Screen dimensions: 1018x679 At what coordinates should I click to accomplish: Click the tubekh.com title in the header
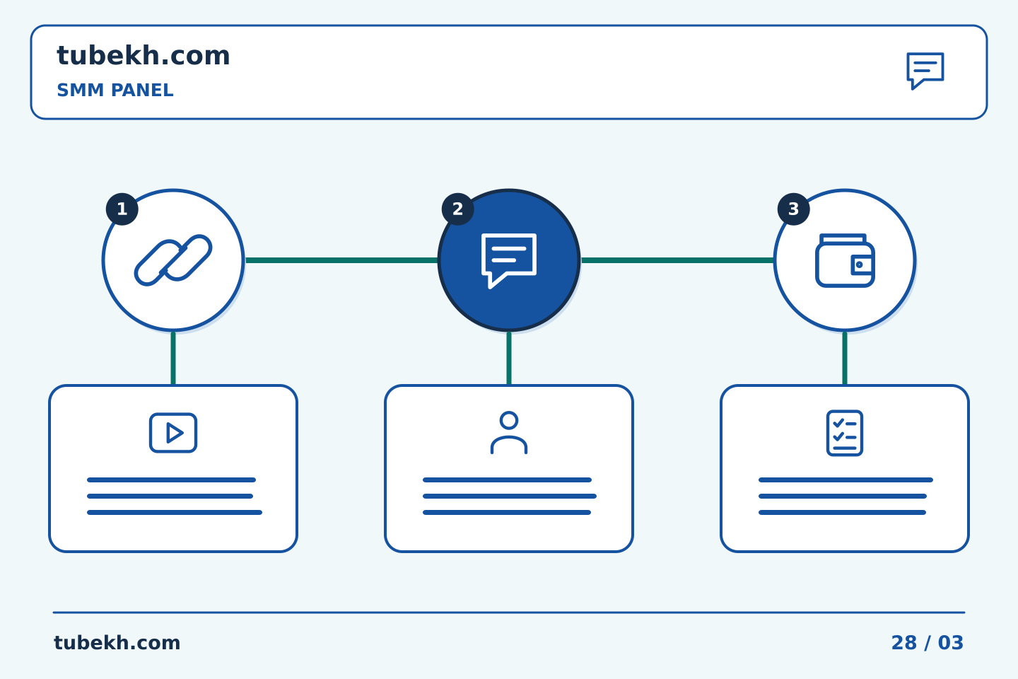click(143, 56)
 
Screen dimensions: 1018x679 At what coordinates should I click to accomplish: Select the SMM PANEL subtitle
click(115, 90)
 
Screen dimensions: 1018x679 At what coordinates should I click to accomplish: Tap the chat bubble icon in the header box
click(925, 71)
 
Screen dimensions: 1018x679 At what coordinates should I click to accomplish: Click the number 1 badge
click(122, 209)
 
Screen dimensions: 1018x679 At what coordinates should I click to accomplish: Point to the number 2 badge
click(457, 209)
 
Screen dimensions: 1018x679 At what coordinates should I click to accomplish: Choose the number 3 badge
click(793, 209)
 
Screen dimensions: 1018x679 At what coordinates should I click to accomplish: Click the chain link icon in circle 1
click(173, 260)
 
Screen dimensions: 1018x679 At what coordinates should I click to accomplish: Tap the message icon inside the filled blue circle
click(509, 260)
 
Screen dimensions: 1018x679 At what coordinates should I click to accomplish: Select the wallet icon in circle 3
click(845, 260)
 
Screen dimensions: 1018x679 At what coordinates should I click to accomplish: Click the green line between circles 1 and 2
click(341, 260)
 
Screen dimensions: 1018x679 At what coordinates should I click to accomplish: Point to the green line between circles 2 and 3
click(677, 260)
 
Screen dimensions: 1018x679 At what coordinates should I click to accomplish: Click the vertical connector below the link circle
click(173, 359)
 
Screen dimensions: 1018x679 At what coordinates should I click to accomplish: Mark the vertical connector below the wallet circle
click(845, 359)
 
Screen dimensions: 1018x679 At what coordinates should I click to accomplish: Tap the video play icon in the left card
click(173, 432)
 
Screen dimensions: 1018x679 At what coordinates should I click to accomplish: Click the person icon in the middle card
click(509, 432)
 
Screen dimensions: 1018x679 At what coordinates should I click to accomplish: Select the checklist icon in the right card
click(845, 433)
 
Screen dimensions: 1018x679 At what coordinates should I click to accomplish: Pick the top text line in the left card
click(171, 480)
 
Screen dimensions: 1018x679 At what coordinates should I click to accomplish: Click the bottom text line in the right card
click(842, 513)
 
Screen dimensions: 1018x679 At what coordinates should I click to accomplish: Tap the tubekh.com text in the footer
click(117, 643)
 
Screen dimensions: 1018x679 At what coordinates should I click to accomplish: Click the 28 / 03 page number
click(927, 643)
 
